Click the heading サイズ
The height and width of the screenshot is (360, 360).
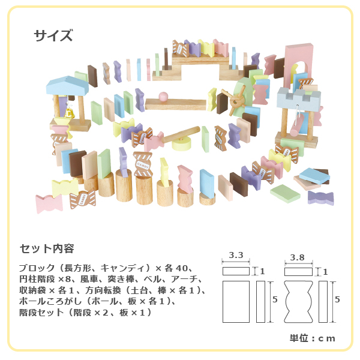pos(53,35)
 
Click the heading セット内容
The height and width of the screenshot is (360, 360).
pos(47,248)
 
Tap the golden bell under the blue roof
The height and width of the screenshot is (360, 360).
pos(69,113)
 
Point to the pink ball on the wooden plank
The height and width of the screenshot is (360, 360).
pos(163,97)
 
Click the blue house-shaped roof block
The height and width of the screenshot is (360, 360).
pos(67,86)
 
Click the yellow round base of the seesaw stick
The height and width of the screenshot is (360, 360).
pos(181,143)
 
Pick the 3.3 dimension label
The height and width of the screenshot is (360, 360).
pos(236,255)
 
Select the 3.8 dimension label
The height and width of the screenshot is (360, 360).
pos(298,257)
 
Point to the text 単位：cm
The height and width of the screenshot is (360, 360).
pos(312,338)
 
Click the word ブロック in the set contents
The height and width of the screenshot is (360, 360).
pos(37,268)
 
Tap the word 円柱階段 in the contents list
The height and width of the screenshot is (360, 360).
pos(37,279)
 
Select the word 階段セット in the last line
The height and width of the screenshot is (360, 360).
pos(41,313)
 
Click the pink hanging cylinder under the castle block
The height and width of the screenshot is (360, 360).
pos(297,126)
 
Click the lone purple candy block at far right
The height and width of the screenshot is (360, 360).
pos(320,197)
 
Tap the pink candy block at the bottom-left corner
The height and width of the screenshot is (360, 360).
pos(49,203)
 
